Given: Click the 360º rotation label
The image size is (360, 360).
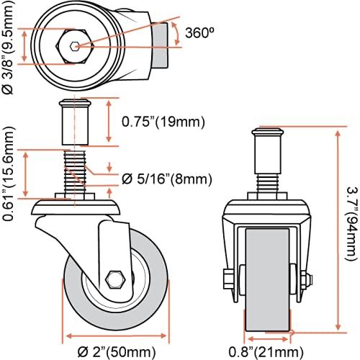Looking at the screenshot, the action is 199,32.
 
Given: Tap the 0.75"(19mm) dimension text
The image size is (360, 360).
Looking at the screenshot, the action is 163,122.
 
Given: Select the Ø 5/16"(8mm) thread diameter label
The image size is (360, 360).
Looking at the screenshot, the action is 167,179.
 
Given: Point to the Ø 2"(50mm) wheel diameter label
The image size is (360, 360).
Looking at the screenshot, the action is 117,352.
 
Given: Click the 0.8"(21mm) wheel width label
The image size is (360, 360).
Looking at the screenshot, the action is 266,352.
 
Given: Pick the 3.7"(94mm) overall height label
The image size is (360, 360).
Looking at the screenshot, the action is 352,223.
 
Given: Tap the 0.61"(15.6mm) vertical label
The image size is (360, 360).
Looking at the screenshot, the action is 9,174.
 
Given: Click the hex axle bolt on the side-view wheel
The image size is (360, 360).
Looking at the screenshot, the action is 116,279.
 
